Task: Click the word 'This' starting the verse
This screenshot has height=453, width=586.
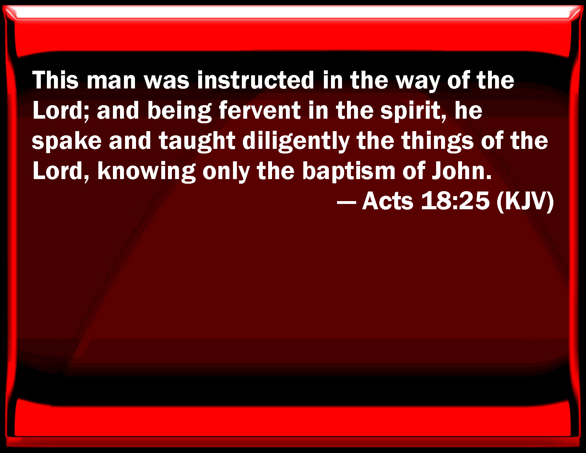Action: (x=55, y=80)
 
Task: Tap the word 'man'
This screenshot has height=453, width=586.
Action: (x=111, y=82)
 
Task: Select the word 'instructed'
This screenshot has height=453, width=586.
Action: (x=256, y=80)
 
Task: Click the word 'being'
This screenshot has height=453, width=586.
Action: (x=179, y=112)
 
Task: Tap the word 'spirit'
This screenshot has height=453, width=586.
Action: (x=410, y=112)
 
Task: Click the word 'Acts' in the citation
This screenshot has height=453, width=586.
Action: (x=387, y=201)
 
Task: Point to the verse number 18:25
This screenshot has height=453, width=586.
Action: (x=455, y=201)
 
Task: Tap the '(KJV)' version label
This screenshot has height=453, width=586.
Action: (x=525, y=202)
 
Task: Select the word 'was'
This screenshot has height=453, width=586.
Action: (x=167, y=82)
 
